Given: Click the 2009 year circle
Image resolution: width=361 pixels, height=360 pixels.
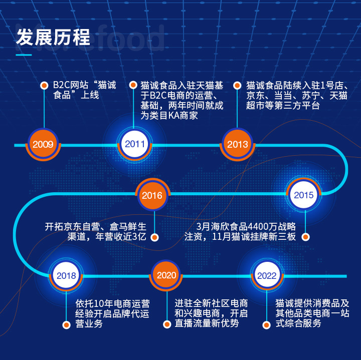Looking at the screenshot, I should click(43, 145).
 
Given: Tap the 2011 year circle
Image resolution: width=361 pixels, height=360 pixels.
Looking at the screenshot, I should click(135, 145).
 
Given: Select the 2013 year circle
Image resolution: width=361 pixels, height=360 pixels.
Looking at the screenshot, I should click(237, 145).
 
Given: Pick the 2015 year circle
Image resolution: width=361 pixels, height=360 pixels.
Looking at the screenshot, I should click(304, 195).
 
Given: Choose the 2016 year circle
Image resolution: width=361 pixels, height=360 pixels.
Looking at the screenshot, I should click(151, 195).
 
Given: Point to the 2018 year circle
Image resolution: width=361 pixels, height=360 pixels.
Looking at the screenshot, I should click(66, 275).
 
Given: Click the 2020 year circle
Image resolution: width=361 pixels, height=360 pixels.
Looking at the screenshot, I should click(166, 275).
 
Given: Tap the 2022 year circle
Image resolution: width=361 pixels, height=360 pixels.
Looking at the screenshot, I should click(266, 275).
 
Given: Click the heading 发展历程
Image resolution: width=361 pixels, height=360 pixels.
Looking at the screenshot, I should click(53, 37).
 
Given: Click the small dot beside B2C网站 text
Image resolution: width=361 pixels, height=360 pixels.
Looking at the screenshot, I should click(44, 86).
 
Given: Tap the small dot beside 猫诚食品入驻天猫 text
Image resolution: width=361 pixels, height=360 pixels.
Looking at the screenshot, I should click(133, 86).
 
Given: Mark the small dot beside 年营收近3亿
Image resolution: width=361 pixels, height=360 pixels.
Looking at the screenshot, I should click(155, 237).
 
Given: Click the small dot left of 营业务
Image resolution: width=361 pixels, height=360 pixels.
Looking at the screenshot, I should click(66, 324).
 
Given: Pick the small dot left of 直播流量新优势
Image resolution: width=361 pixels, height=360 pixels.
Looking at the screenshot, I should click(166, 324).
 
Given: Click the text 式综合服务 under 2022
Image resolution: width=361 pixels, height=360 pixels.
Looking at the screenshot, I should click(298, 323).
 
